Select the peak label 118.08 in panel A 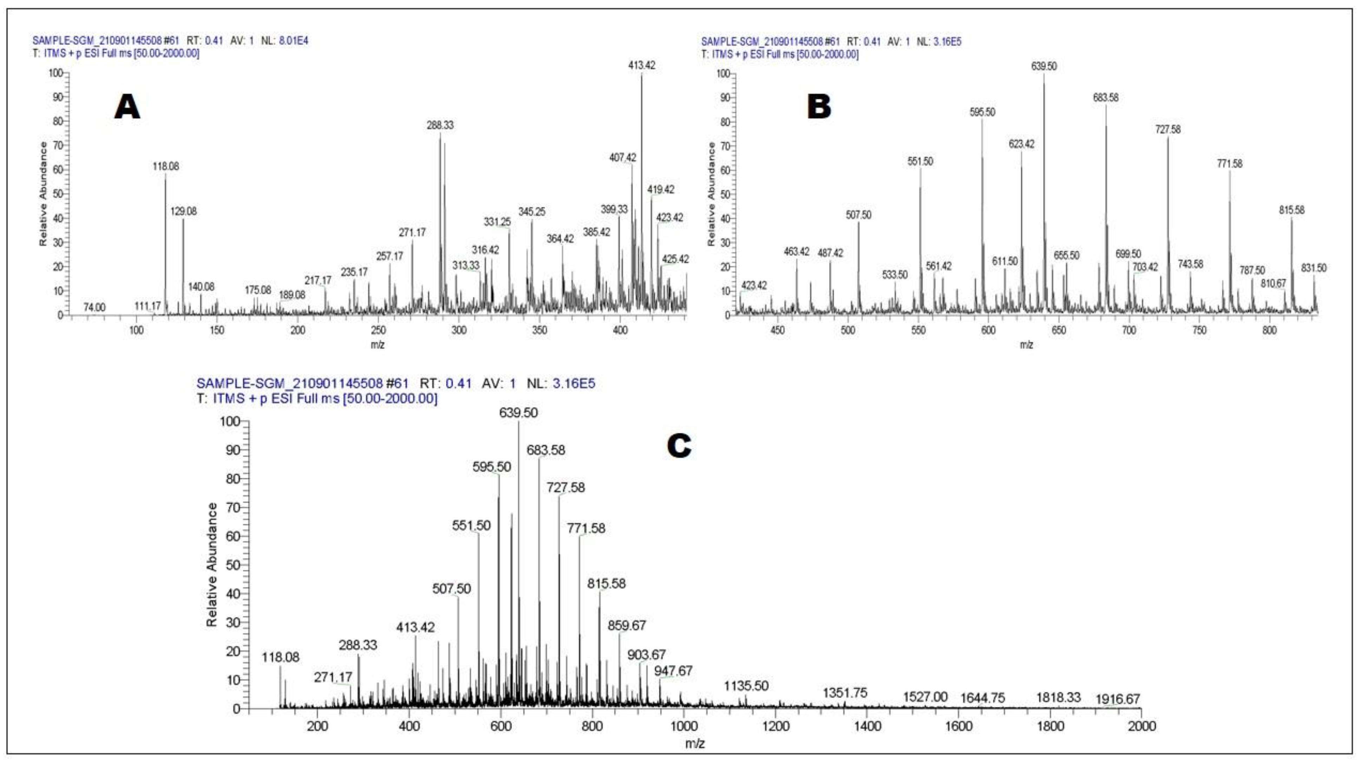point(166,167)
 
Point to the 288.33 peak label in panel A point(440,125)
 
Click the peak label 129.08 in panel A point(183,211)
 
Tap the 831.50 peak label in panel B point(1314,268)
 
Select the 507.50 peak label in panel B point(858,215)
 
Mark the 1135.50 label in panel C point(746,686)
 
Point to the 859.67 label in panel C point(627,626)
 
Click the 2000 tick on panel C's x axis point(1141,727)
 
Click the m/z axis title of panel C point(695,744)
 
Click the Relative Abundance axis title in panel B point(712,194)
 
